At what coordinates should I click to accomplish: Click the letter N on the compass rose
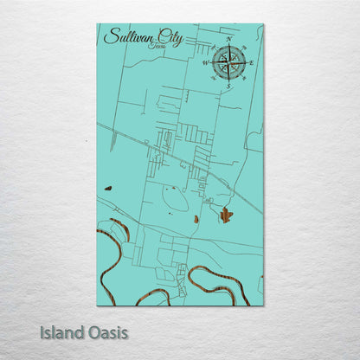[229, 40]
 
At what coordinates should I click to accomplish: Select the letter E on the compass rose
[252, 62]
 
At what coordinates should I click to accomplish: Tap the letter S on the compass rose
[228, 86]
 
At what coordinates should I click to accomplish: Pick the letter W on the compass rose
[206, 62]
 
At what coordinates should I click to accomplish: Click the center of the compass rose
[229, 62]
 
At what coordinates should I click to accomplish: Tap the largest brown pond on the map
[226, 215]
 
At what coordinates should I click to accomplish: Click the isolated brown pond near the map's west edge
[108, 188]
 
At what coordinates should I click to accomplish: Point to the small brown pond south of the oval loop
[196, 219]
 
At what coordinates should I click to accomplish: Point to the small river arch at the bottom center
[153, 296]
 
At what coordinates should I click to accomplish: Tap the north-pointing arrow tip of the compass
[229, 46]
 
